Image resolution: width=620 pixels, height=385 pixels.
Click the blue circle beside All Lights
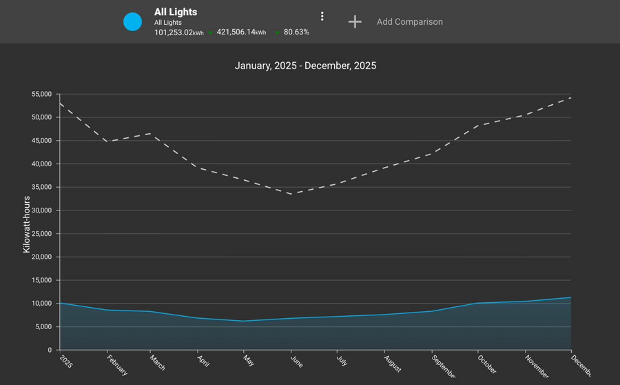[x=132, y=21]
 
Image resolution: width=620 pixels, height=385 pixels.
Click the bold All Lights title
[x=176, y=12]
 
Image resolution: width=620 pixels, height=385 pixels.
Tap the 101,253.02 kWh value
[x=179, y=32]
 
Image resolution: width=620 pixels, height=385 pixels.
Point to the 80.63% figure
[x=296, y=32]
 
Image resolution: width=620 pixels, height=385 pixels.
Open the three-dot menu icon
[x=322, y=17]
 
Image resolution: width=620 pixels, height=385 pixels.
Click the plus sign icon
[x=355, y=21]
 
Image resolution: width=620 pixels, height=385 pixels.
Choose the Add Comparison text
[x=409, y=22]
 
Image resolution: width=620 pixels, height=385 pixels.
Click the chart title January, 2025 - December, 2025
[x=305, y=66]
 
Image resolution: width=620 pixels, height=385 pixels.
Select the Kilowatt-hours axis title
[x=27, y=224]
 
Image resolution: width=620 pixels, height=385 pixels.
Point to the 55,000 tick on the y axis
[x=41, y=94]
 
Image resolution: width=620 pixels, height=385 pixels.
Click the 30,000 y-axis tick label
[x=41, y=210]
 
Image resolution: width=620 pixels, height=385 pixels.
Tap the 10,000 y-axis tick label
[x=41, y=304]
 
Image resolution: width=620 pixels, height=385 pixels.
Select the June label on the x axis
[x=296, y=362]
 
